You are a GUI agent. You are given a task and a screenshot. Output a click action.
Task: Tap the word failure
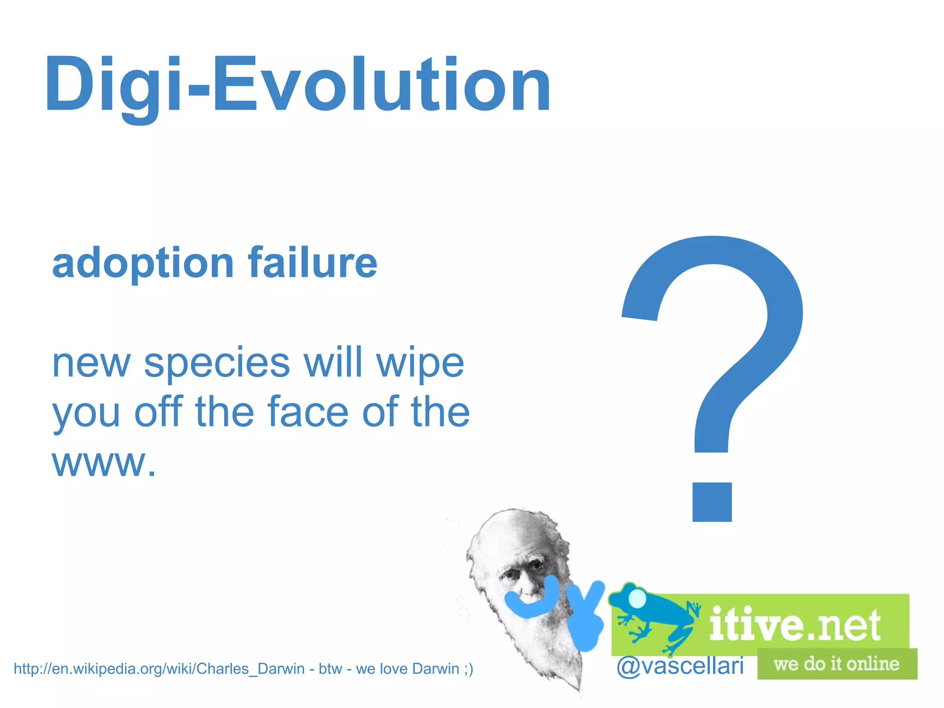[x=313, y=263]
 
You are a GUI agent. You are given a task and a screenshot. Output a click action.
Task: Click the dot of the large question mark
[x=712, y=502]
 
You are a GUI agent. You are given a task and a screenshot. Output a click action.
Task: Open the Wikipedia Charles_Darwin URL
[x=159, y=668]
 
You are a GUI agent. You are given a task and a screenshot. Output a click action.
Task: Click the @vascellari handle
[x=680, y=666]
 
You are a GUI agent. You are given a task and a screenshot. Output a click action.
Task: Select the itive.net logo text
[x=795, y=625]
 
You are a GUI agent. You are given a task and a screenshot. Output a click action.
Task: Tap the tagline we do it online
[x=837, y=664]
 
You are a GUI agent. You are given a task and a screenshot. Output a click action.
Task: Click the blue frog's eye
[x=637, y=598]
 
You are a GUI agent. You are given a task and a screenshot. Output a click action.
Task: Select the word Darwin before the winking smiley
[x=436, y=668]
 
